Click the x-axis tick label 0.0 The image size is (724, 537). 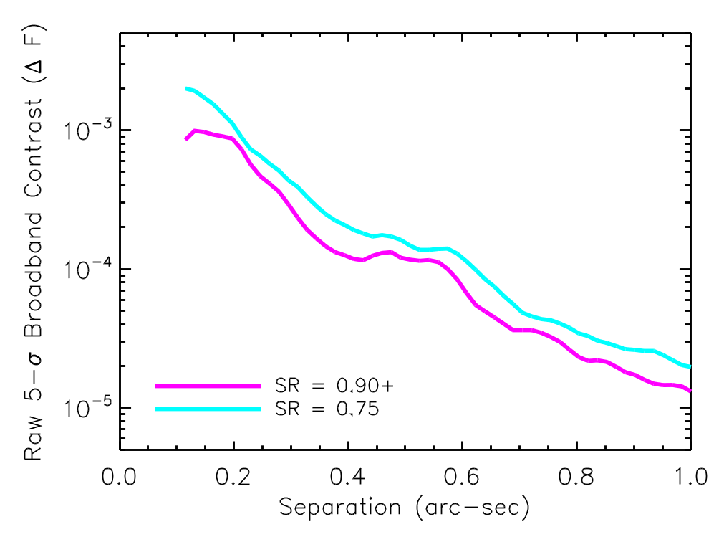(x=120, y=476)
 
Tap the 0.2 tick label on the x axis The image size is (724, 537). (x=233, y=476)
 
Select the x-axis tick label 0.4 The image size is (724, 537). (x=348, y=476)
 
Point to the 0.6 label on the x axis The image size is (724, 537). (x=462, y=476)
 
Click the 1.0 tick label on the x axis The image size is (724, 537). (x=690, y=476)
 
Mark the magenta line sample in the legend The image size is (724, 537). (x=208, y=386)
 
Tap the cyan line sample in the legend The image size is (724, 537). (x=208, y=409)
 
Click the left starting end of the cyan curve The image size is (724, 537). (x=186, y=89)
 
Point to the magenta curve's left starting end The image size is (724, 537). (x=186, y=139)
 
